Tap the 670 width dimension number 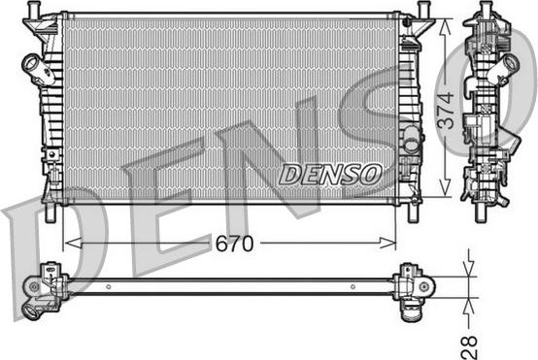tap(234, 244)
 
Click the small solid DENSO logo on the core tap(329, 175)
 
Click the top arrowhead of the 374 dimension tap(445, 21)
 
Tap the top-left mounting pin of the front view tap(35, 9)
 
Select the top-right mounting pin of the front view tap(425, 9)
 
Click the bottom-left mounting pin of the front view tap(44, 212)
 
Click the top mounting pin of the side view tap(485, 10)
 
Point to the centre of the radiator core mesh tap(229, 107)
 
